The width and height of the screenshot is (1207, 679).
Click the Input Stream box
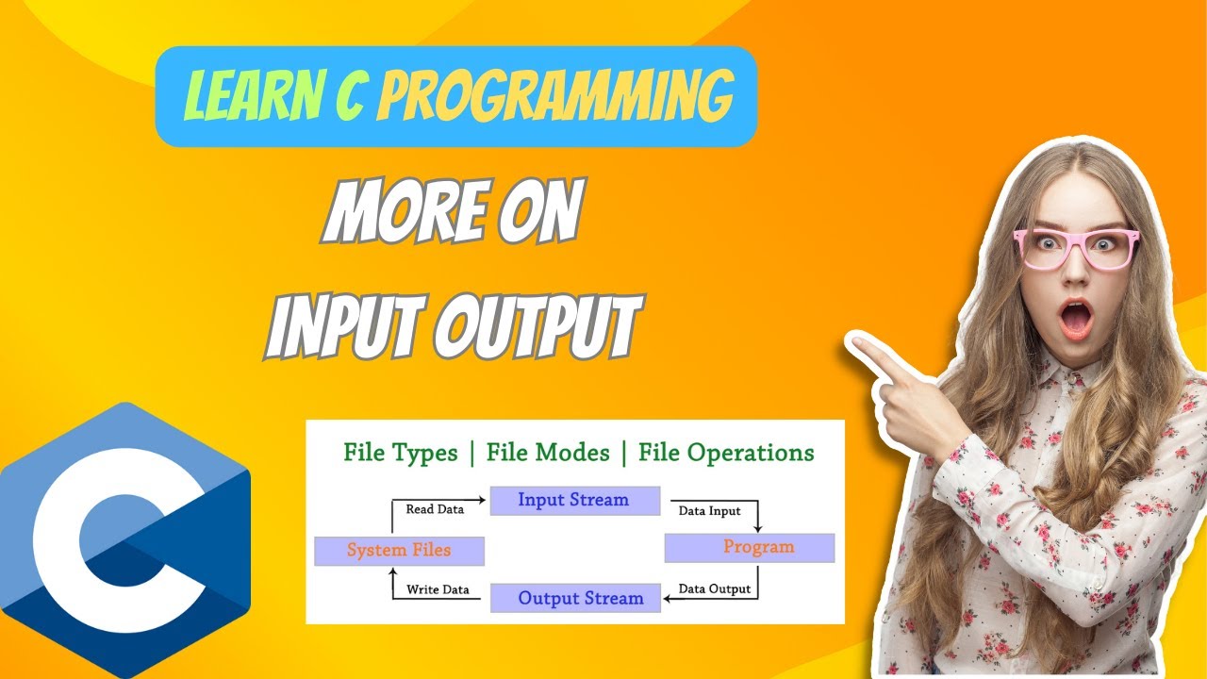[x=574, y=500]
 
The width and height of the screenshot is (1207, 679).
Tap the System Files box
[x=399, y=550]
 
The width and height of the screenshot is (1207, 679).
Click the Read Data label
[x=435, y=509]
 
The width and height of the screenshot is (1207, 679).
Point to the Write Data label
[x=438, y=590]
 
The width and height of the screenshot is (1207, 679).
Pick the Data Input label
[x=710, y=511]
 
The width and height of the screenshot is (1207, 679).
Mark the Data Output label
[x=715, y=589]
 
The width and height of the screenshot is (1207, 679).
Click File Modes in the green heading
[x=548, y=453]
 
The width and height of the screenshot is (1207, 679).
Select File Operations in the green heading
[x=726, y=453]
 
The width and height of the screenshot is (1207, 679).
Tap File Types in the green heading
[x=401, y=453]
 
